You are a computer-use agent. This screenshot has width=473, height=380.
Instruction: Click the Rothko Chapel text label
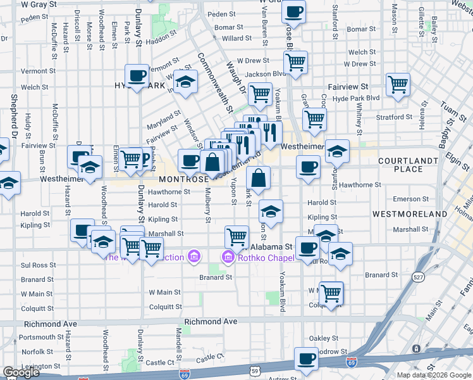[260, 256]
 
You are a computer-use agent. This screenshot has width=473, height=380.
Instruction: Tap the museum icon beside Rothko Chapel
[226, 256]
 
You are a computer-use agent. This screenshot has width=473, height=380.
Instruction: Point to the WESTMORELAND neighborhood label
[410, 214]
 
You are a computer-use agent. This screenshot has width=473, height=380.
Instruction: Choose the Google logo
[21, 373]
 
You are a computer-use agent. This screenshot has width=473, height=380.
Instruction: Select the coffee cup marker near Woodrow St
[307, 358]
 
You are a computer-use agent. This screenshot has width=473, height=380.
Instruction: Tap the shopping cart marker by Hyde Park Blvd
[398, 84]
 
